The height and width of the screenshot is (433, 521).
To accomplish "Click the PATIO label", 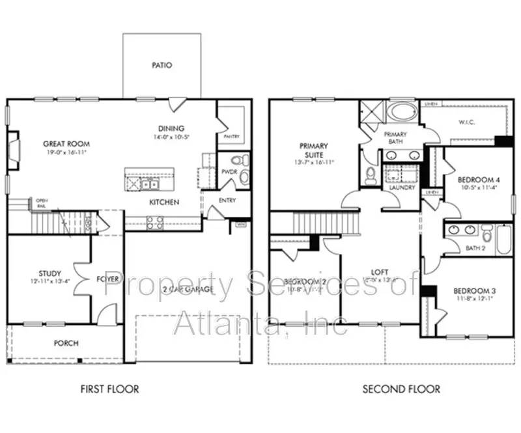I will click(x=162, y=65).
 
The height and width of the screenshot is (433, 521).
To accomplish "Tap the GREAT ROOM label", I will click(x=66, y=144).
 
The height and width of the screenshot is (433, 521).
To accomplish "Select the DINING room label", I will click(x=171, y=128).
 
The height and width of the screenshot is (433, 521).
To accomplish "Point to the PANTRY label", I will click(x=231, y=137).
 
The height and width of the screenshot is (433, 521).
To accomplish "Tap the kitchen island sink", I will click(x=150, y=184).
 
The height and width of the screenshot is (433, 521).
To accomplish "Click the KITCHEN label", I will click(x=164, y=203).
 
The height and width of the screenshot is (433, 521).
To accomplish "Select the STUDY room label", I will click(x=49, y=273).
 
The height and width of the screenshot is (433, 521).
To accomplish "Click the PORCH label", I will click(x=66, y=343).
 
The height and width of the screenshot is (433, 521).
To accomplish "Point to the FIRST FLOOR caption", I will click(x=109, y=389).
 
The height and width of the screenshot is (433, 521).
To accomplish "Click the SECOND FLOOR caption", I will click(x=401, y=389).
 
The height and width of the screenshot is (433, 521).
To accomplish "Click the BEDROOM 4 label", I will click(x=479, y=180).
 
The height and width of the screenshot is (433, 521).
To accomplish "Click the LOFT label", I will click(x=380, y=273).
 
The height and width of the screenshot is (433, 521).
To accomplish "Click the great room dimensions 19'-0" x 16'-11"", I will click(x=66, y=152).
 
